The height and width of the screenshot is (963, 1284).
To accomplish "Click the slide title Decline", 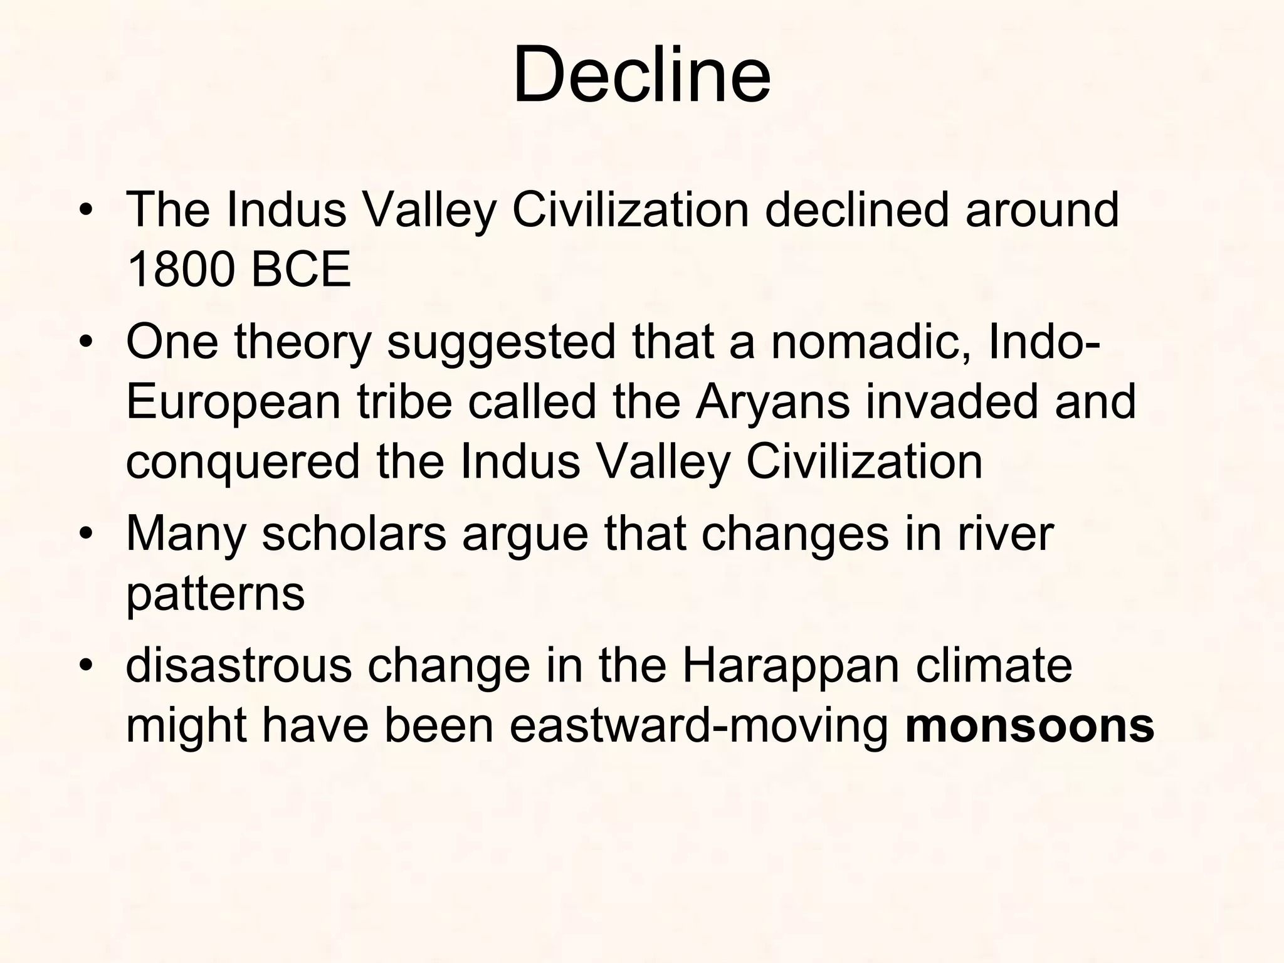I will pyautogui.click(x=641, y=75).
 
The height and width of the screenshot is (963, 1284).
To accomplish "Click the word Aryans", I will pyautogui.click(x=772, y=403).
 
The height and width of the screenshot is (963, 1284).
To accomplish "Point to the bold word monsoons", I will pyautogui.click(x=1030, y=726).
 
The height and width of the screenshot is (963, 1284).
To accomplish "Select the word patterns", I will pyautogui.click(x=215, y=594).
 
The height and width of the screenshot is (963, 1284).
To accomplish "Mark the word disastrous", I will pyautogui.click(x=239, y=666).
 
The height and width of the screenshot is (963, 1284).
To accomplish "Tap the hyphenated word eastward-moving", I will pyautogui.click(x=699, y=726).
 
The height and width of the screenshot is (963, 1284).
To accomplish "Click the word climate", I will pyautogui.click(x=994, y=666).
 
